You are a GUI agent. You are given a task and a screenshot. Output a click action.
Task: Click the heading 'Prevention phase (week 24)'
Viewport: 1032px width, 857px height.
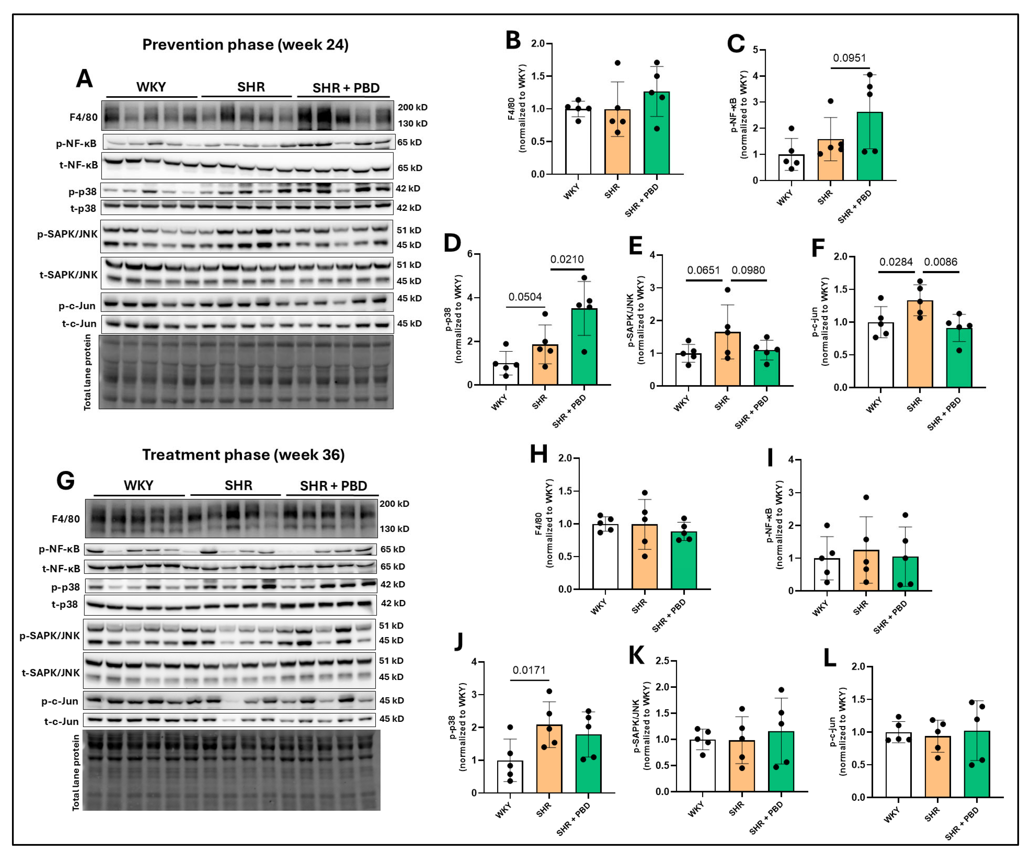[x=245, y=45]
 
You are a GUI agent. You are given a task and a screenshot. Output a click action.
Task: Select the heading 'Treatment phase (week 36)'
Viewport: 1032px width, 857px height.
[x=243, y=455]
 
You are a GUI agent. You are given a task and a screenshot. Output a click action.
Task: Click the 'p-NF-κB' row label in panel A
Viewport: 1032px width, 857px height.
[x=76, y=143]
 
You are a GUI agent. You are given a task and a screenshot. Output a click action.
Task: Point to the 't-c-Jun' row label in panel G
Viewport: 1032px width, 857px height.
[x=61, y=721]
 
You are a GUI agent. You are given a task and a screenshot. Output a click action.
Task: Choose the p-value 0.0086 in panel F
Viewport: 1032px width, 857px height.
[x=940, y=262]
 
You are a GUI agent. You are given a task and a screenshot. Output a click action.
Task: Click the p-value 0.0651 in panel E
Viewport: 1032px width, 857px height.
[x=703, y=270]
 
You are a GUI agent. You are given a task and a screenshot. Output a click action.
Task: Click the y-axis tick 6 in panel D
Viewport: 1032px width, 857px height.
[x=470, y=254]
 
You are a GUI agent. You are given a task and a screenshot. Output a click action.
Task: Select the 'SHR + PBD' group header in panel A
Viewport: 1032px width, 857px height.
[x=346, y=88]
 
